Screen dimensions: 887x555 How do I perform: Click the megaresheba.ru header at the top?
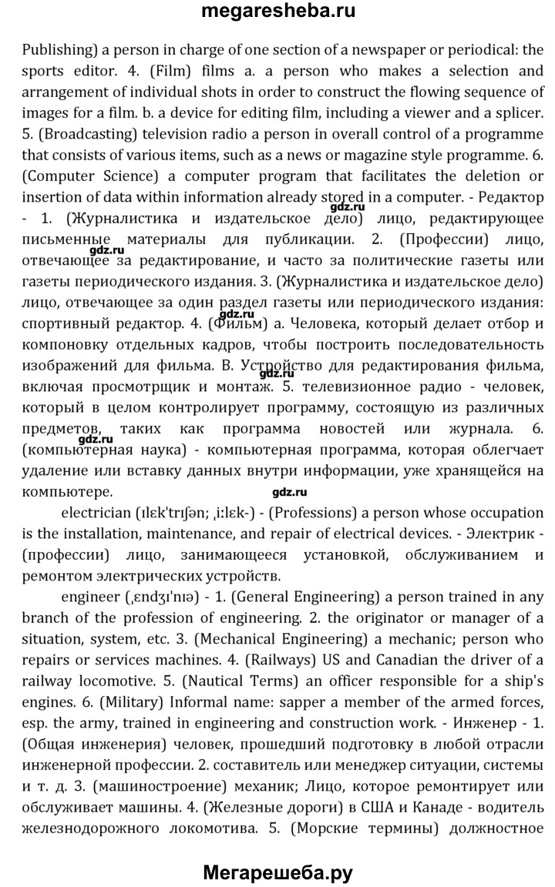coord(277,12)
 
